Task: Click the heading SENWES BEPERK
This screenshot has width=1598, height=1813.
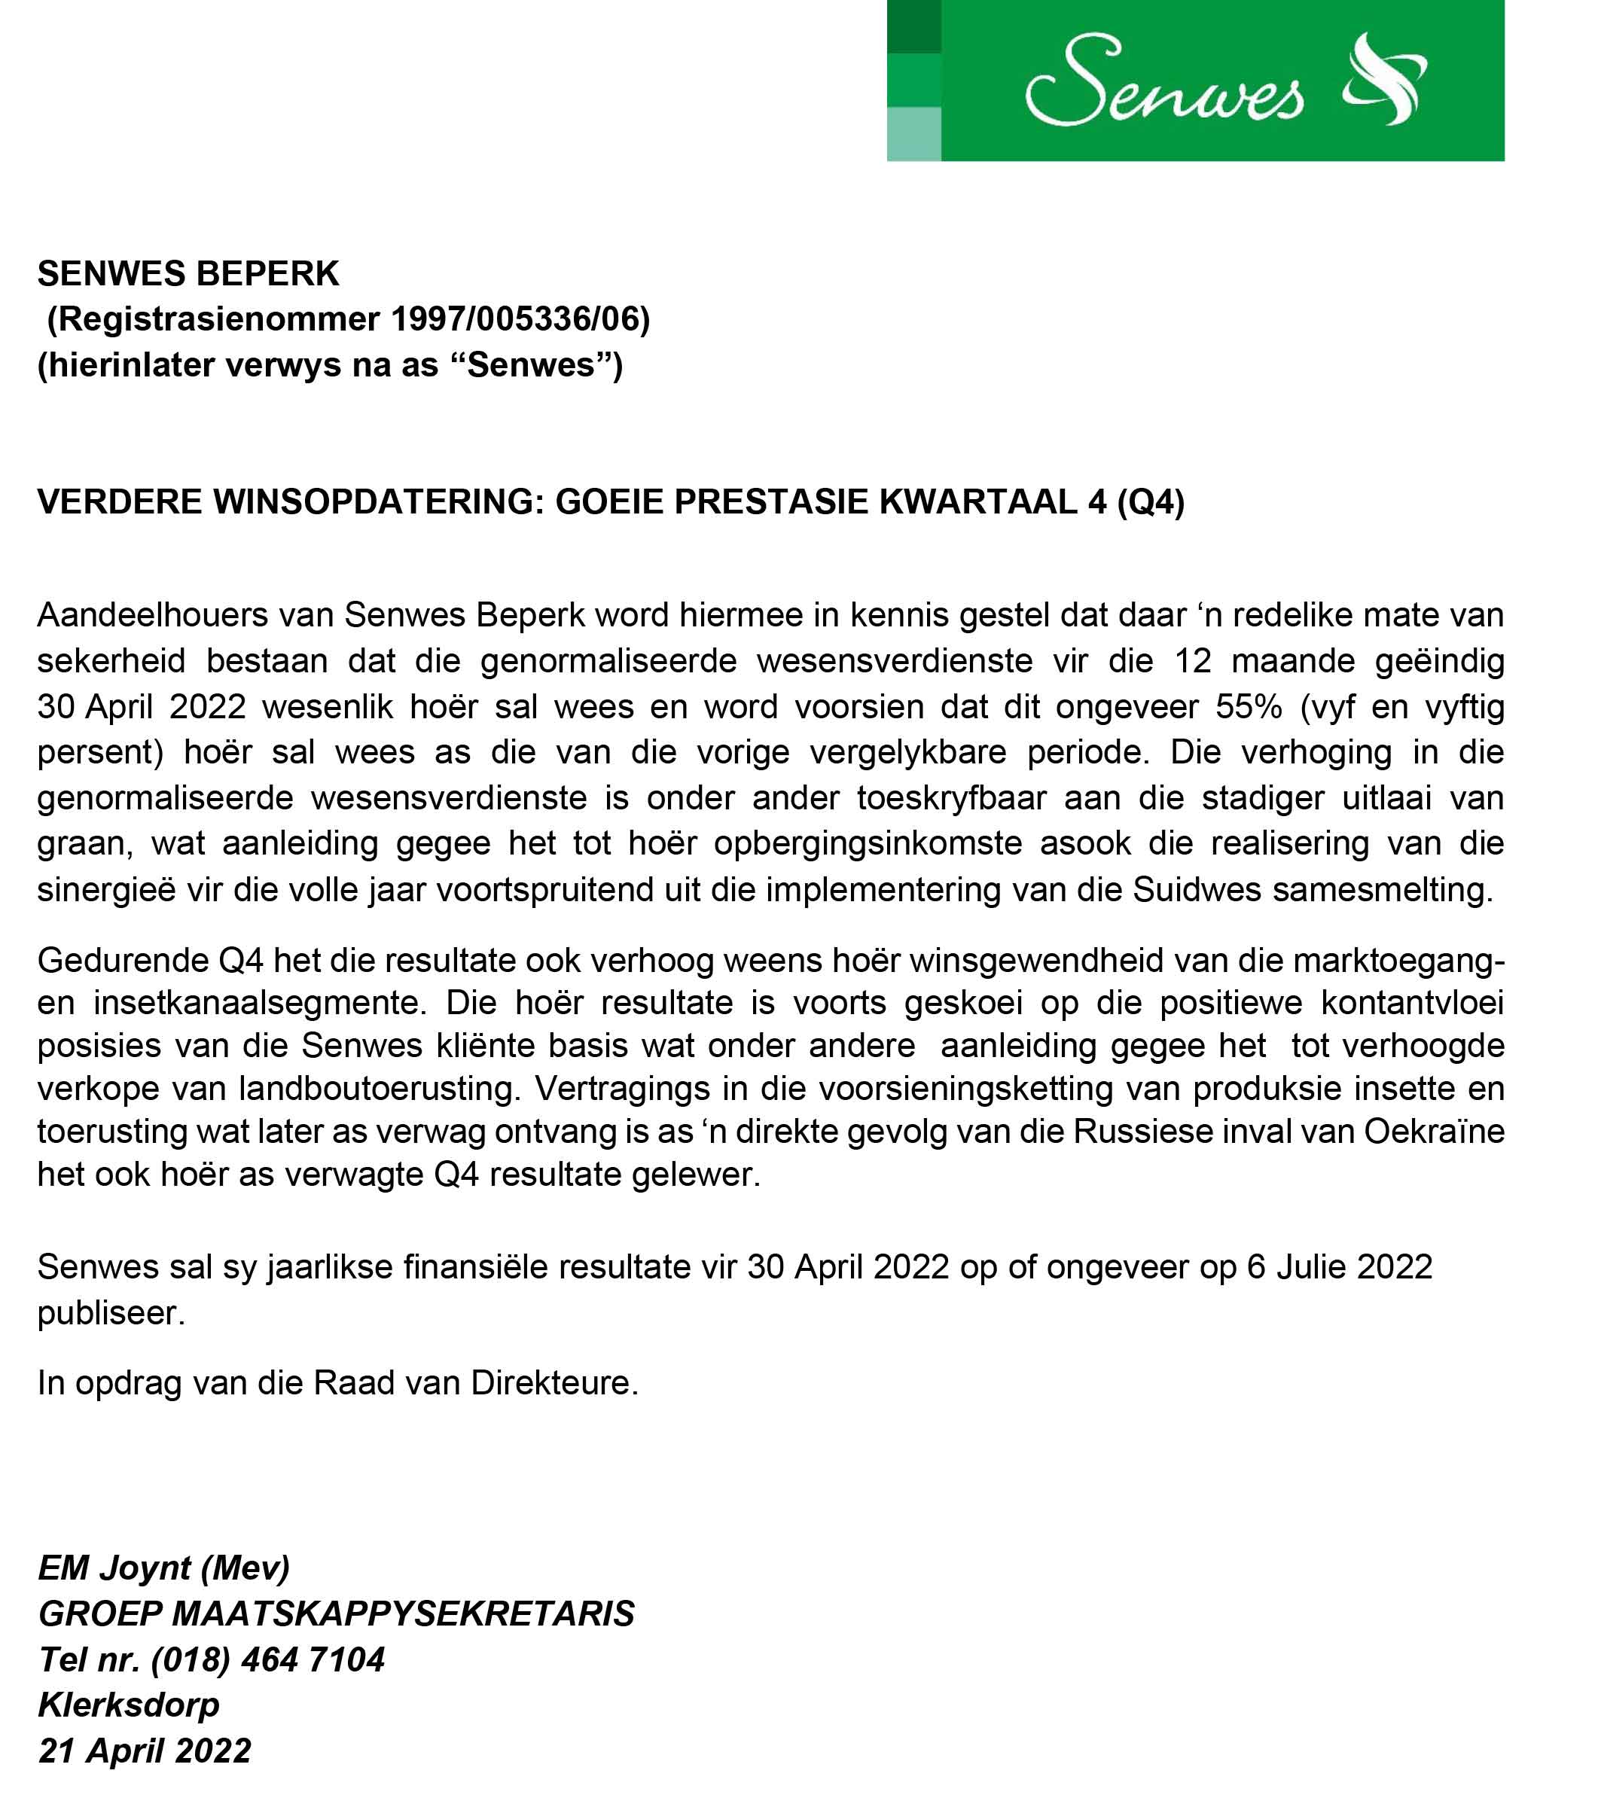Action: (x=188, y=274)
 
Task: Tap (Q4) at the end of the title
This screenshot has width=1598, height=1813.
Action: (x=1150, y=502)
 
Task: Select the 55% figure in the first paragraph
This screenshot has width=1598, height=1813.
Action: (x=1249, y=707)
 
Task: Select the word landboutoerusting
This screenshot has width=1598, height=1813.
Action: (x=380, y=1089)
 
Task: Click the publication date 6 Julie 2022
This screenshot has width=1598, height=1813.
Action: (x=1339, y=1266)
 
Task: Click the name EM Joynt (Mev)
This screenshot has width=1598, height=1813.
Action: (x=164, y=1568)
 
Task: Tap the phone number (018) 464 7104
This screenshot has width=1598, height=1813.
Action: (x=268, y=1659)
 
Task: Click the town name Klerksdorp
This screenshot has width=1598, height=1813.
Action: (x=129, y=1705)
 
